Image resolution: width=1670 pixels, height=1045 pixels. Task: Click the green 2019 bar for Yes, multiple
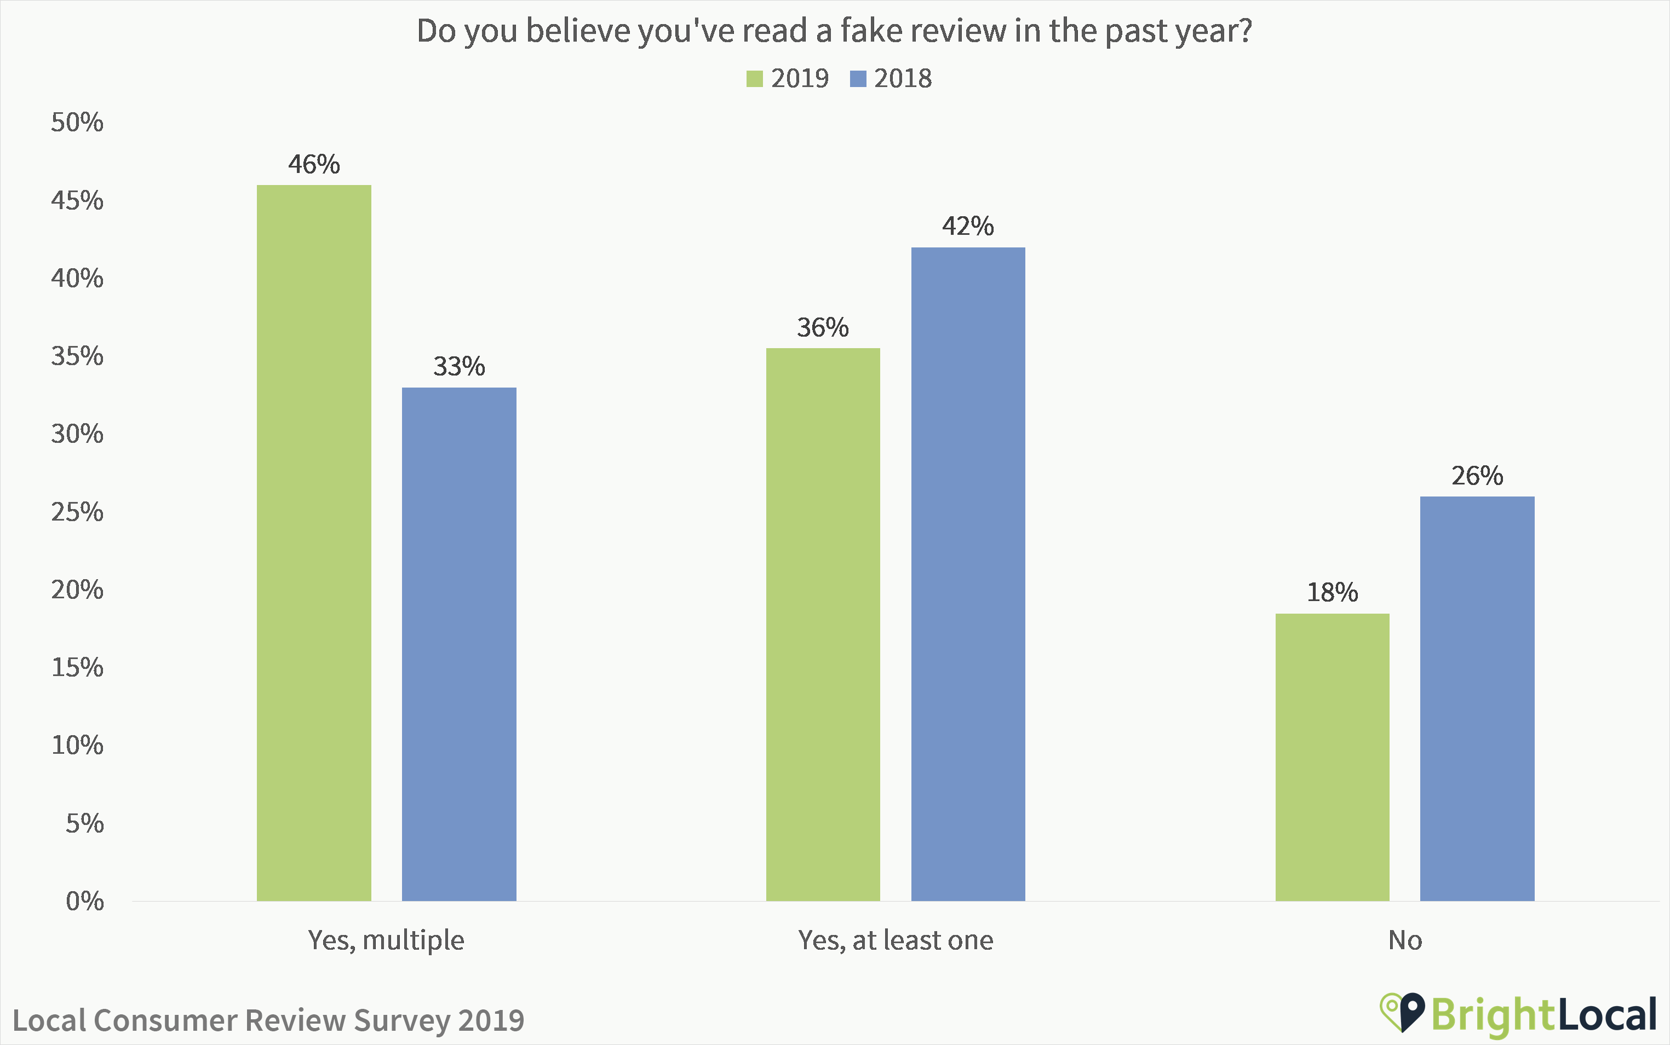click(313, 542)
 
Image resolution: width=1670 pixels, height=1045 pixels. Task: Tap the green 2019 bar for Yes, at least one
click(823, 624)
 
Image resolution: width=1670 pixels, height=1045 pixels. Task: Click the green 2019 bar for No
click(1332, 757)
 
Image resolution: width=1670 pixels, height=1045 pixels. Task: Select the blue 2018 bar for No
click(1477, 698)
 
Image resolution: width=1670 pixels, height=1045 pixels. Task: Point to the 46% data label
click(313, 164)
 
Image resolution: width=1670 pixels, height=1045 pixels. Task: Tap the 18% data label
click(1332, 592)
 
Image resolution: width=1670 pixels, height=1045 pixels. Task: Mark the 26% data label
click(1477, 476)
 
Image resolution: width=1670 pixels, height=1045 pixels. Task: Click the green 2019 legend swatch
click(754, 79)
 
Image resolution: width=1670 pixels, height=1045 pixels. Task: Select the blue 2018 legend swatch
click(858, 79)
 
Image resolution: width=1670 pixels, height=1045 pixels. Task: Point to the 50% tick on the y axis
click(77, 122)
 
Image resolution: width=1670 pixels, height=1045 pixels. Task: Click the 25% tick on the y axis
click(77, 512)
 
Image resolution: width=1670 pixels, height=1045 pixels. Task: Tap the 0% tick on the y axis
click(84, 901)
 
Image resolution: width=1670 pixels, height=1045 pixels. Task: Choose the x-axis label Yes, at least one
click(896, 940)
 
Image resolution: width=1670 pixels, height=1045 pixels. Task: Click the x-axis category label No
click(1404, 940)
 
